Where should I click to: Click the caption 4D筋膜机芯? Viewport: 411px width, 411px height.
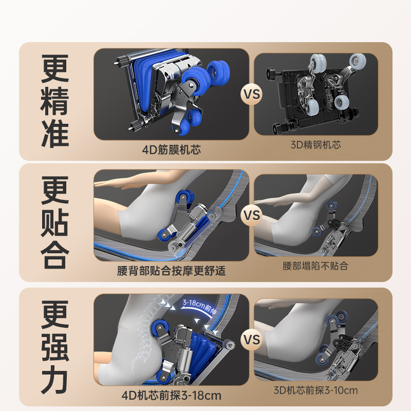[x=172, y=150]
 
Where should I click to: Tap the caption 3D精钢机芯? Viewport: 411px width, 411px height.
[x=315, y=145]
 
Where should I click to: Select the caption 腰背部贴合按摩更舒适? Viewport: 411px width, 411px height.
[x=171, y=271]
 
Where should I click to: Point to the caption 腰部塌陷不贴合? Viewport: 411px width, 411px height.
[x=315, y=266]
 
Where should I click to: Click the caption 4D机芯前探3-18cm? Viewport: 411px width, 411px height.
[x=172, y=395]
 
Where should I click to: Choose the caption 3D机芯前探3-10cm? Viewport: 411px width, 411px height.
[x=315, y=390]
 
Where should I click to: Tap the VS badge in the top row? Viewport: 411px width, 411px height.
[x=252, y=94]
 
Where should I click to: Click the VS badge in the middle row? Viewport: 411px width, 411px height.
[x=252, y=215]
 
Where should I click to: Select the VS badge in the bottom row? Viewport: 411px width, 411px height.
[x=252, y=340]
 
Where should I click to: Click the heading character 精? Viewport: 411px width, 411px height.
[x=55, y=101]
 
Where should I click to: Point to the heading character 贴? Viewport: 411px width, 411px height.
[x=55, y=222]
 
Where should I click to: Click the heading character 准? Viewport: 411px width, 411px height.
[x=55, y=134]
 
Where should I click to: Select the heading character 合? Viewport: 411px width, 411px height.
[x=55, y=255]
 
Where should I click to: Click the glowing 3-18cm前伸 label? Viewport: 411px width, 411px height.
[x=199, y=307]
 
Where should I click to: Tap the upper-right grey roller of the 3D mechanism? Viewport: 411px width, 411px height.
[x=358, y=62]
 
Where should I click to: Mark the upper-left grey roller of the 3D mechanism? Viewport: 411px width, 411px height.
[x=318, y=63]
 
